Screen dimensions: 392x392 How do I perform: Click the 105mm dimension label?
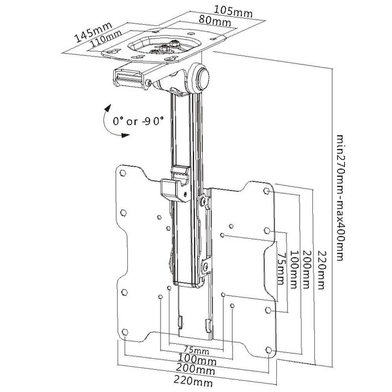233,11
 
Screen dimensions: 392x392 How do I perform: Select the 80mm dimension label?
215,21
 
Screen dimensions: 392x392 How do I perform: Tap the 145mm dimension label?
93,32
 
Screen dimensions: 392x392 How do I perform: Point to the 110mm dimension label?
106,38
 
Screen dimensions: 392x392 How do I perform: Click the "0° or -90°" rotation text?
138,121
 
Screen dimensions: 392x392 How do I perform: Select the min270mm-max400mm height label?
341,198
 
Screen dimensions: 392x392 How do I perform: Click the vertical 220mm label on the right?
322,270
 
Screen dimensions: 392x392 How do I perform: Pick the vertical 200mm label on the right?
307,269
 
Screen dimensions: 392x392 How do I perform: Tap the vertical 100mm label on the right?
294,270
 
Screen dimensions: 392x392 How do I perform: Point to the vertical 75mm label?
282,269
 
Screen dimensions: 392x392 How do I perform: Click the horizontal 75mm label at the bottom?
196,349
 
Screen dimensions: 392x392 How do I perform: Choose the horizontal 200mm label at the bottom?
195,369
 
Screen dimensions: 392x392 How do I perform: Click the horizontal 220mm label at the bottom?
193,381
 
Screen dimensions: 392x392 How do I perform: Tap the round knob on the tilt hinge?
203,78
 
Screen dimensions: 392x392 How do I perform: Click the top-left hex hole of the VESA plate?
123,172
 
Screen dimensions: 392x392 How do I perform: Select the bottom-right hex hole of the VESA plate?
269,350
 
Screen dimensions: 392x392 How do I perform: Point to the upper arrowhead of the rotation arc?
108,108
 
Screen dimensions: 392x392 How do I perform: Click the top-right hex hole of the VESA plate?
267,191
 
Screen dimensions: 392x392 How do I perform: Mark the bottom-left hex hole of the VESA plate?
125,332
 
